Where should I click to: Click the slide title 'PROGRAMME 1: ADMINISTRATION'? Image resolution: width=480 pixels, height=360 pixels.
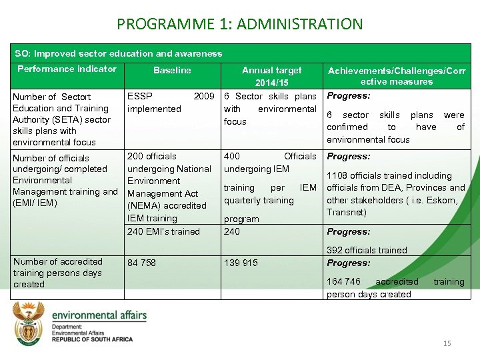239,25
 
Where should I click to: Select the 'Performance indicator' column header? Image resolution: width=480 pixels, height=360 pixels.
67,69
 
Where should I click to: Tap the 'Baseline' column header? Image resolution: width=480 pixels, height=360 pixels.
172,70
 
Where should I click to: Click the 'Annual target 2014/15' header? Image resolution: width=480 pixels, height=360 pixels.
271,76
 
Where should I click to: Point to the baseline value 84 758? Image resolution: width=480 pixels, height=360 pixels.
141,263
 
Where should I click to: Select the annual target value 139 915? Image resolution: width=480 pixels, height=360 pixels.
241,263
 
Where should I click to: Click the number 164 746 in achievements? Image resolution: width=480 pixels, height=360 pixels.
343,281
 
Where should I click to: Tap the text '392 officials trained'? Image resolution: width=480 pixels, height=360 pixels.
367,250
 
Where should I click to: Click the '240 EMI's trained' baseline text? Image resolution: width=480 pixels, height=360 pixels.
163,231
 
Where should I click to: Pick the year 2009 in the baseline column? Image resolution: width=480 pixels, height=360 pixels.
203,97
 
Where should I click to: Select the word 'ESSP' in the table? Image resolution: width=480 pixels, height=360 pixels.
139,97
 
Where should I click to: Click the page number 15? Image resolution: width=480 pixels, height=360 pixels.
447,343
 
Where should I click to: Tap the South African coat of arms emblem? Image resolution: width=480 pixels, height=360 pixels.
29,323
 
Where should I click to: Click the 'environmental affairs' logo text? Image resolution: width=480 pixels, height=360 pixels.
99,315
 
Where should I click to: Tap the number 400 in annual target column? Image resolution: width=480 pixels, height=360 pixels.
232,156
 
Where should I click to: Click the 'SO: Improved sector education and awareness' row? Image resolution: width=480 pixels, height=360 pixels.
119,53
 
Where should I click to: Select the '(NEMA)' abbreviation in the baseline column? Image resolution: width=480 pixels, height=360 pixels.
145,205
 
